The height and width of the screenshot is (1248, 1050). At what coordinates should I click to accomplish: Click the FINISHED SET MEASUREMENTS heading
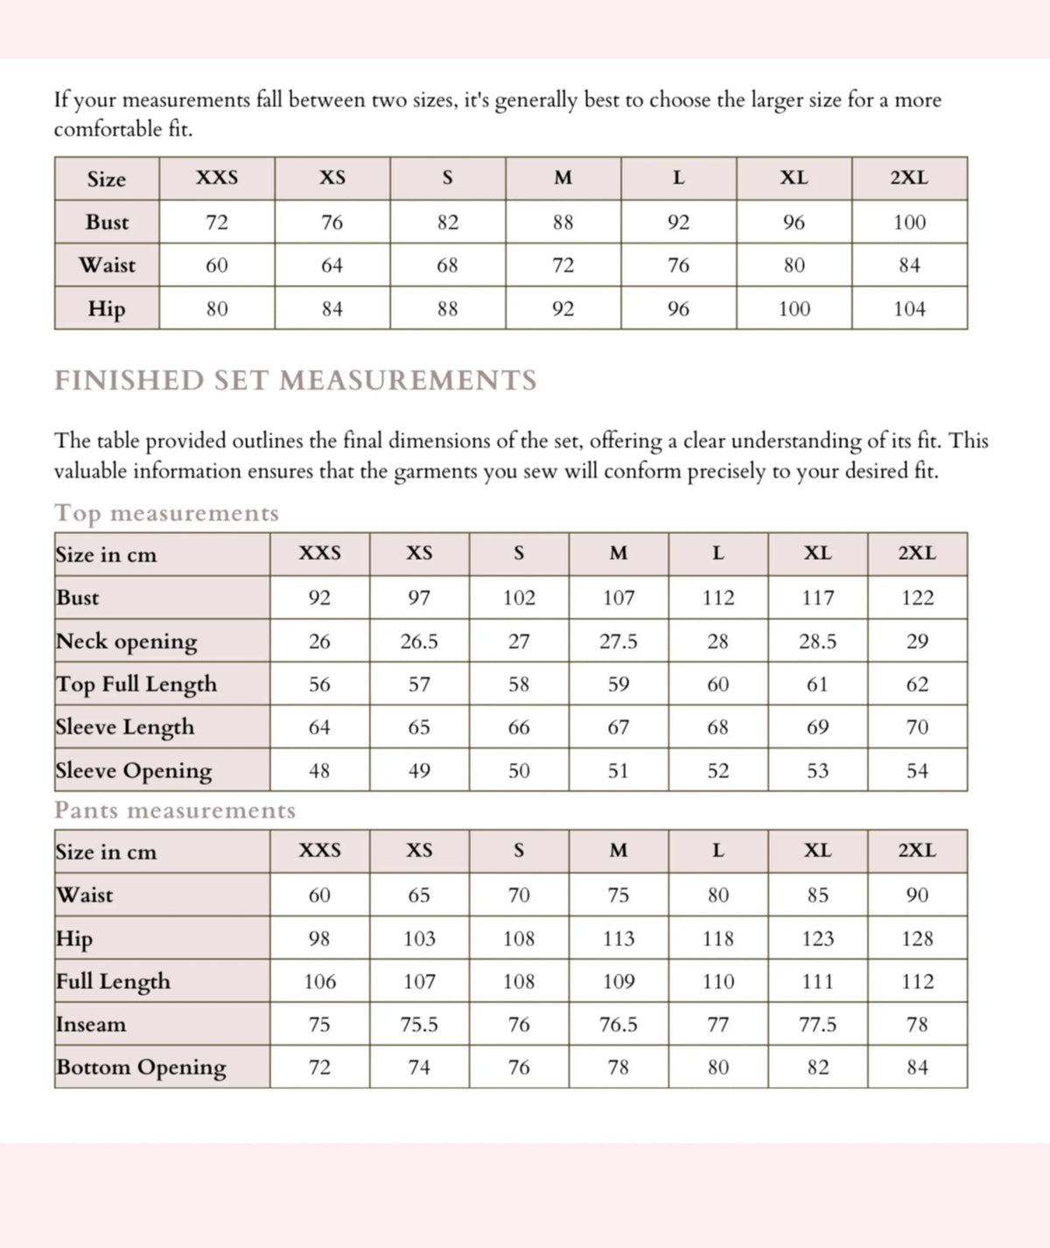[296, 381]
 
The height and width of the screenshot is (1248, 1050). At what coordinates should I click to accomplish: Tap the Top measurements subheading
[166, 513]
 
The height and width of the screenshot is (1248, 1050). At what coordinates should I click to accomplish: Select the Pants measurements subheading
[175, 810]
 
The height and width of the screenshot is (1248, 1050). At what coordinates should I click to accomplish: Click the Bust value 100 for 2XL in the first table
[909, 222]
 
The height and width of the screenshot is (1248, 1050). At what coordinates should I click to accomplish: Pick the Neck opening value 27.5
[618, 642]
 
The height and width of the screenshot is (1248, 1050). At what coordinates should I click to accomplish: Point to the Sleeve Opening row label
[134, 771]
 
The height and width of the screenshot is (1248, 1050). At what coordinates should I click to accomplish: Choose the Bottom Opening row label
[141, 1068]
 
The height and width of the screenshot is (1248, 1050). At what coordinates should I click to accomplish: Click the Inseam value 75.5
[419, 1025]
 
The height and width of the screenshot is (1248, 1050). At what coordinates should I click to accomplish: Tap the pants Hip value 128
[917, 939]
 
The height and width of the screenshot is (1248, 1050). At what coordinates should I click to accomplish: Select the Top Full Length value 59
[618, 684]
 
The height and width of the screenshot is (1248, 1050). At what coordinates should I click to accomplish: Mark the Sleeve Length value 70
[917, 727]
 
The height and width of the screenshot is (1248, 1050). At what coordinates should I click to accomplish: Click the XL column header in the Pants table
[817, 851]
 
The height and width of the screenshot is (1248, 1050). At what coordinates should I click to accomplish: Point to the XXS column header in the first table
[216, 178]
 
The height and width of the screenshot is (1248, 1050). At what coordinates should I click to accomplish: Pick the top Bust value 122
[917, 598]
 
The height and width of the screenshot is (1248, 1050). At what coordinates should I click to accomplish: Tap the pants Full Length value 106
[319, 982]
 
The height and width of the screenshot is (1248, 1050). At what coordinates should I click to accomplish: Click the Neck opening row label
[127, 642]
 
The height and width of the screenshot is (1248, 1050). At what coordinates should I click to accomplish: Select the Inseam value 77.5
[817, 1025]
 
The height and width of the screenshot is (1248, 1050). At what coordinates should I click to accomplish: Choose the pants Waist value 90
[917, 895]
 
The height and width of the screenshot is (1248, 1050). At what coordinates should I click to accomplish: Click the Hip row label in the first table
[107, 309]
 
